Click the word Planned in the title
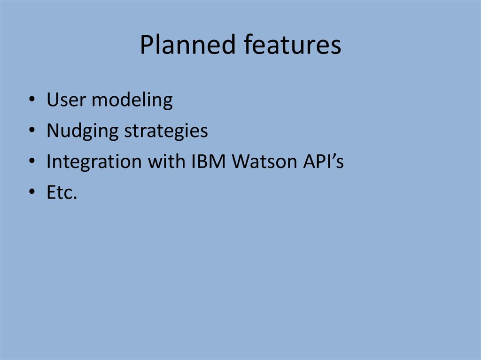(188, 45)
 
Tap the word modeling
(132, 100)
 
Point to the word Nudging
(83, 131)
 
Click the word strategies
(166, 131)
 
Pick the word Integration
(94, 161)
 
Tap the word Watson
(264, 161)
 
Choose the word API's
(324, 161)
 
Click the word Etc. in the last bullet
(62, 192)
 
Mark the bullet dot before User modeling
(32, 99)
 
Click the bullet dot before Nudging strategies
(32, 130)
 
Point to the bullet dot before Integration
(32, 161)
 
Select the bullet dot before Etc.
(32, 191)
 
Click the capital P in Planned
(147, 45)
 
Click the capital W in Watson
(243, 161)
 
